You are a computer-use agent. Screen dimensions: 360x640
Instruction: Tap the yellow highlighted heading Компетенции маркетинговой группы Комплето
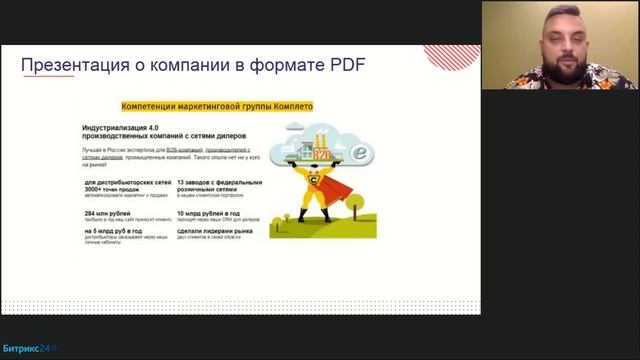coord(217,104)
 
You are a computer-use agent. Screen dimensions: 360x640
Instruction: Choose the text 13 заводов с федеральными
coord(218,183)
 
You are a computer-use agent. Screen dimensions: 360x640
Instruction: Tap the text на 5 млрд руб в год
coord(112,231)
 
